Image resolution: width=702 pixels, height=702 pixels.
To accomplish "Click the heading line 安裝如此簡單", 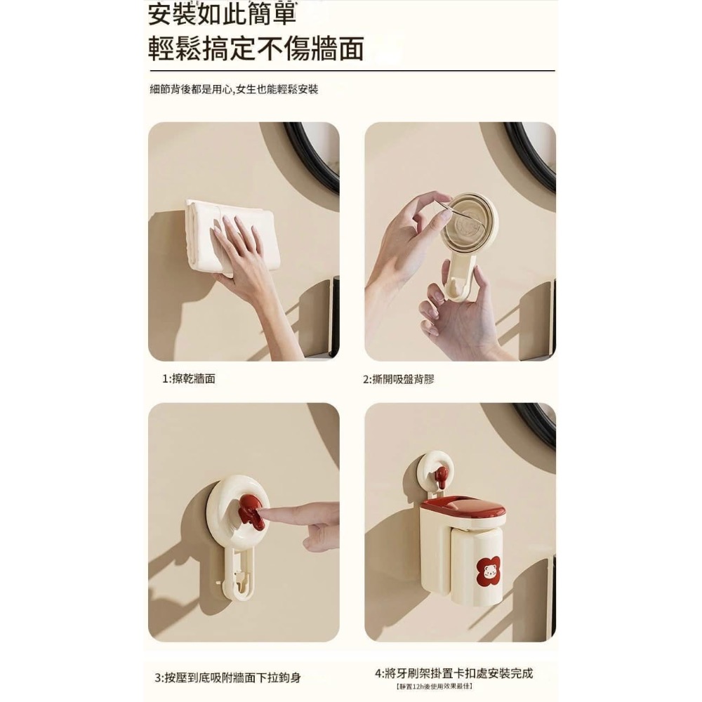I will [222, 15].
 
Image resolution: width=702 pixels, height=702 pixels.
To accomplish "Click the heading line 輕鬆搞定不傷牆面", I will [256, 48].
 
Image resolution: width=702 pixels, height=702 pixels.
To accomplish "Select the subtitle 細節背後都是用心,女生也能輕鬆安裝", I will [234, 90].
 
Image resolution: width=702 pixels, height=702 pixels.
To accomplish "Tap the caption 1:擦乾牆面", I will [189, 378].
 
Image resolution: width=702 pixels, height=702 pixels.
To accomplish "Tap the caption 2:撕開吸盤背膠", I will [398, 378].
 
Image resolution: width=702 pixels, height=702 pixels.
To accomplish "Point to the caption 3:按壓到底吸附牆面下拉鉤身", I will [227, 677].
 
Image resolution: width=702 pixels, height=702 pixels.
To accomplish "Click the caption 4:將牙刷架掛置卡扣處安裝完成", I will [453, 673].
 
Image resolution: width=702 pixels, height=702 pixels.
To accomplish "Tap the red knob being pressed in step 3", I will [251, 510].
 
